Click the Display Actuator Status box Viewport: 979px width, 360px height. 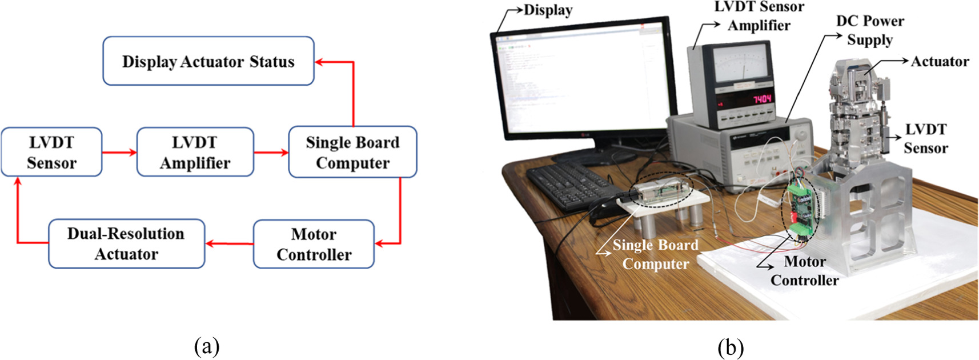click(208, 61)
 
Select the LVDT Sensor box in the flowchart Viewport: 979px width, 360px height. click(51, 152)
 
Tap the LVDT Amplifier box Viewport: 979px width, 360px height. click(195, 152)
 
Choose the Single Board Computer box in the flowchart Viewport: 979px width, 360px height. click(352, 152)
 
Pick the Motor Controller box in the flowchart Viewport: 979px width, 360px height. click(314, 244)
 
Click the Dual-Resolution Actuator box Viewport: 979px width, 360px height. click(126, 244)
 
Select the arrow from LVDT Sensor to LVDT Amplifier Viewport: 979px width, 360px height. click(119, 152)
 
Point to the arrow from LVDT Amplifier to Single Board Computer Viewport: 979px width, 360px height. click(271, 152)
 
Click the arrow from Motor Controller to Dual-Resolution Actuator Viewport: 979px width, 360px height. click(229, 243)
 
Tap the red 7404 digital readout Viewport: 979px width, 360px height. click(762, 99)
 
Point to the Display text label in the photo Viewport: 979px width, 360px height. click(548, 10)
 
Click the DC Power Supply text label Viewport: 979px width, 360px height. click(869, 30)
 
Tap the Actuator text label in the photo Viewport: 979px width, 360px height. click(940, 61)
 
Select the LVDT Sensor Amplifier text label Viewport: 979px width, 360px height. click(759, 16)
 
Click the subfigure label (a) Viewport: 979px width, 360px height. click(206, 346)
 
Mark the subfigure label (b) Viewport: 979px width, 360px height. click(731, 346)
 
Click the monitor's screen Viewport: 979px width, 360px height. click(583, 80)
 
